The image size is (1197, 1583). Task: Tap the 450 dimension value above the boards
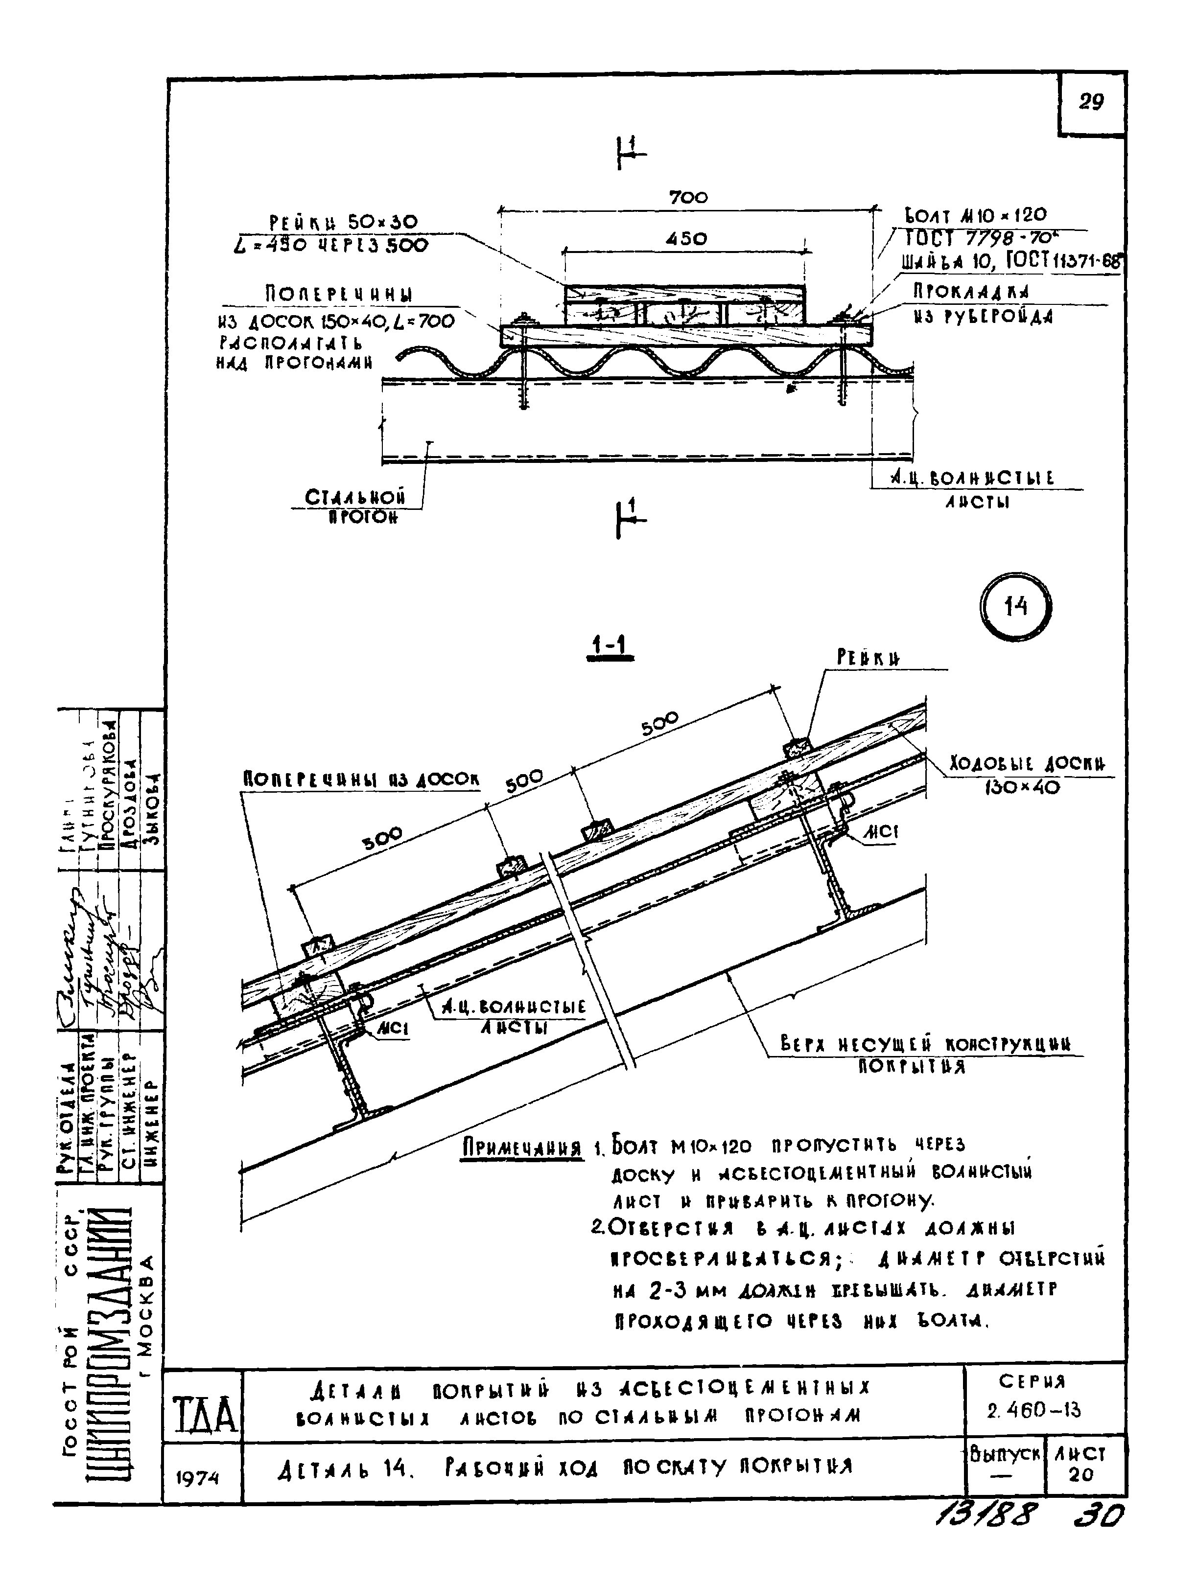686,239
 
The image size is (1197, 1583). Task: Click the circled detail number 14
1015,607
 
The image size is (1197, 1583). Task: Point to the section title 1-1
609,646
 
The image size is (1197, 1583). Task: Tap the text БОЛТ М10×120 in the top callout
976,215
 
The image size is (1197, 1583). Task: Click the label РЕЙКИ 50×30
344,222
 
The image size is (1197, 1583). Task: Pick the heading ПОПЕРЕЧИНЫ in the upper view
339,294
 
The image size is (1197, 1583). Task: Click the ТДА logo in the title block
204,1414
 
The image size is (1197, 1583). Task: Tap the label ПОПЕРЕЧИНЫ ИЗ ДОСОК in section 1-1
361,780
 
